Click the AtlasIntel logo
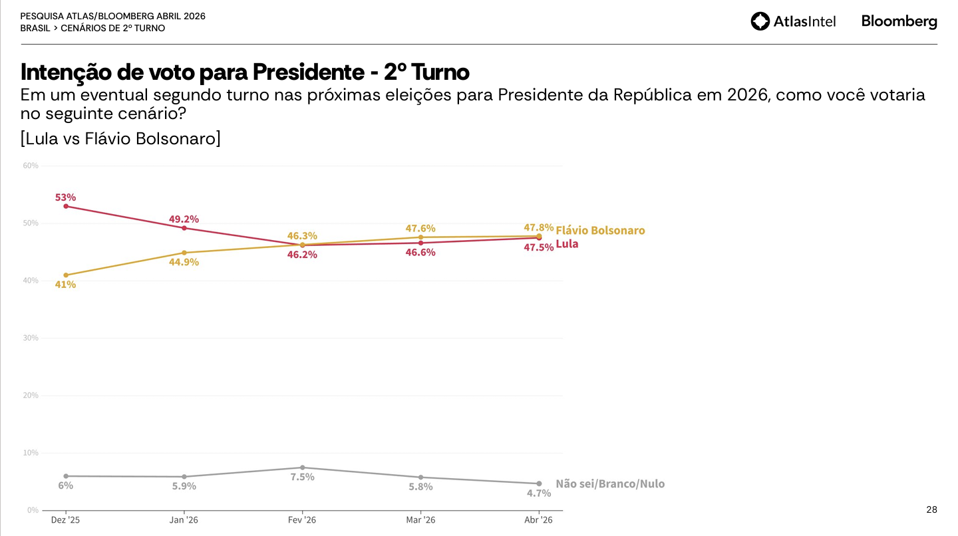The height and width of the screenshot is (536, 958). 793,21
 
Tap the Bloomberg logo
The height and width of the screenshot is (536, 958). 899,21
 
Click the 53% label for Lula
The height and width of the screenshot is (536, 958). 65,198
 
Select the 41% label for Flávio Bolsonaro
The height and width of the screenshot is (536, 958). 65,285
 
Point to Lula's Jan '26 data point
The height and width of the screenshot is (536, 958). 184,228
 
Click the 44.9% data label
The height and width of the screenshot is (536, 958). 184,262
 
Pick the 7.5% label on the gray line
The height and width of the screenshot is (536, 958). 302,477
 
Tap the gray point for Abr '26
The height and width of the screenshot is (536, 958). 539,483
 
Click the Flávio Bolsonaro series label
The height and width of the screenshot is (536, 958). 600,231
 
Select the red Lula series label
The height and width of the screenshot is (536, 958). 567,244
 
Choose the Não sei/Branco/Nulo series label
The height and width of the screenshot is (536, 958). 610,484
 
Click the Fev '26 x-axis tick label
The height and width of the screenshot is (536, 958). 302,520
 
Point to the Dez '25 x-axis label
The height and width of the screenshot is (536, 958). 65,520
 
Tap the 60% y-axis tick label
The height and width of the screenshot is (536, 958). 31,166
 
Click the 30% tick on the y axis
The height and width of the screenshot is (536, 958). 31,338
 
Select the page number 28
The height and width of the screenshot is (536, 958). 931,510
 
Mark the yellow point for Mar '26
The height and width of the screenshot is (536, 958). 420,237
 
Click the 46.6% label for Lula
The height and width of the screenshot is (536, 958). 420,253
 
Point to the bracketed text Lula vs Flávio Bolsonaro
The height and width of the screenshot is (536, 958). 120,139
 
